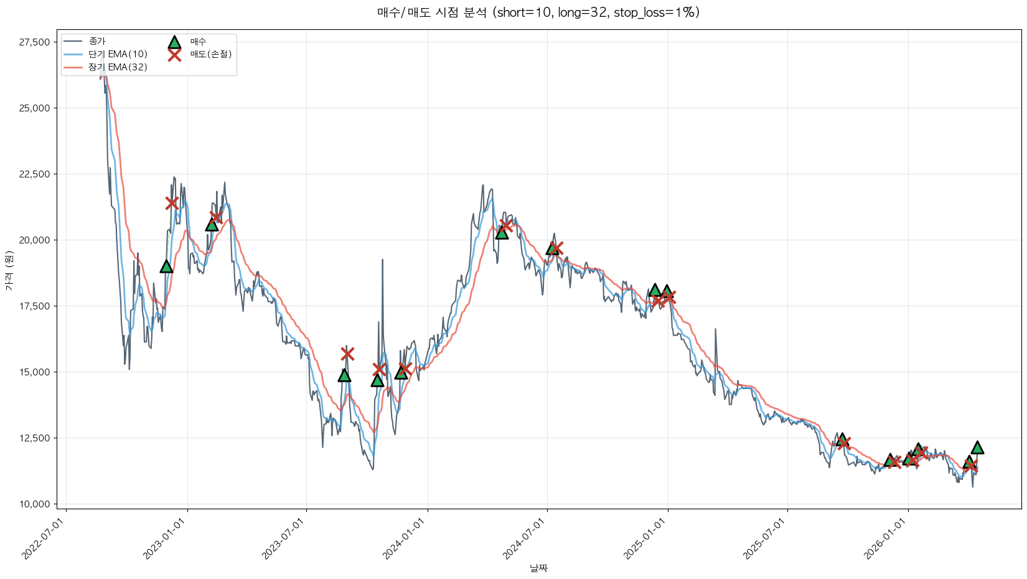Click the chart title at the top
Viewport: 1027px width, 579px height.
pyautogui.click(x=538, y=12)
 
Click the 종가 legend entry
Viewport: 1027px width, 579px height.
pyautogui.click(x=97, y=41)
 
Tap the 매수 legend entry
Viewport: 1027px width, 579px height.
pyautogui.click(x=198, y=42)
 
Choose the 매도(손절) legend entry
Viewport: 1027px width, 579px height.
pyautogui.click(x=210, y=54)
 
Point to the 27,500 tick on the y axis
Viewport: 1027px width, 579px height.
pyautogui.click(x=34, y=42)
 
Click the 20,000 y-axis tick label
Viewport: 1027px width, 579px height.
pyautogui.click(x=34, y=240)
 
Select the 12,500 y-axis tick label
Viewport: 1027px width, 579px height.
pyautogui.click(x=34, y=438)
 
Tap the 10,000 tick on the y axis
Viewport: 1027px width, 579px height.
pyautogui.click(x=34, y=504)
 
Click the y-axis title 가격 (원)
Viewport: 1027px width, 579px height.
pyautogui.click(x=9, y=270)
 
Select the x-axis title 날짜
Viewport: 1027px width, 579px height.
pyautogui.click(x=538, y=568)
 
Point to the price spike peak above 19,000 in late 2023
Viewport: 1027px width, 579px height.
pyautogui.click(x=382, y=260)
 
